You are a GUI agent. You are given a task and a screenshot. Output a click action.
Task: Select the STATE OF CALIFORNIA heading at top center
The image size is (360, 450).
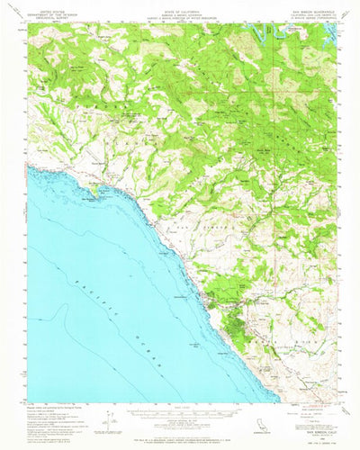click(x=180, y=5)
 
